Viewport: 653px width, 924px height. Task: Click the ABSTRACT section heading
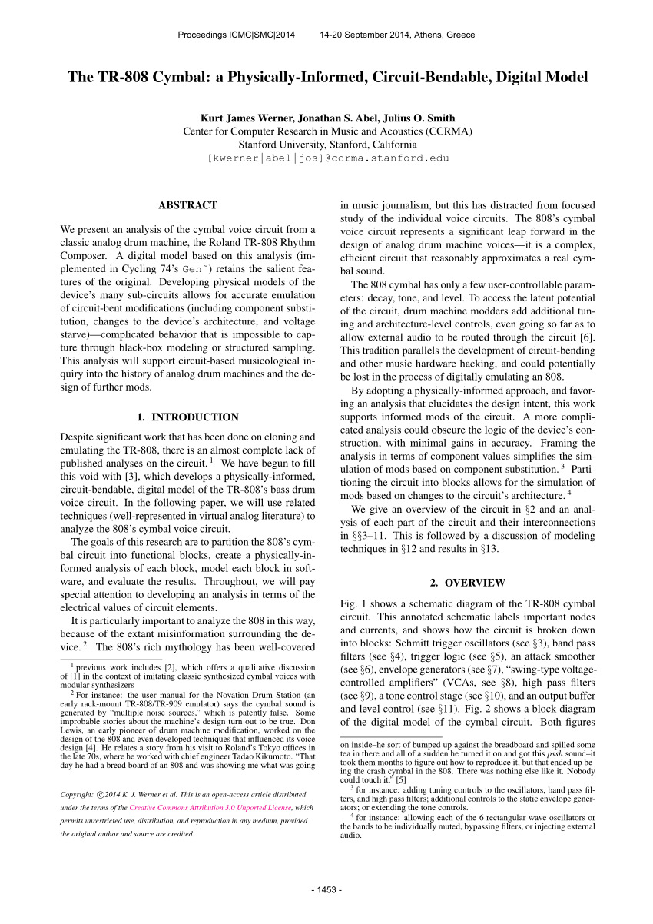pyautogui.click(x=187, y=205)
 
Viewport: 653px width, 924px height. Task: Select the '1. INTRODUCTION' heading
pyautogui.click(x=187, y=417)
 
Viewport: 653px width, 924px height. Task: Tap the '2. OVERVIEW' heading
pyautogui.click(x=467, y=582)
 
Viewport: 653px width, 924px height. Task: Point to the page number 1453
pyautogui.click(x=326, y=889)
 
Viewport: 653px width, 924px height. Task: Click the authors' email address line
pyautogui.click(x=327, y=158)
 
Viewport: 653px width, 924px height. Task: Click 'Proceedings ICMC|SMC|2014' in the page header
pyautogui.click(x=236, y=35)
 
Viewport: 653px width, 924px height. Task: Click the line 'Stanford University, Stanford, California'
pyautogui.click(x=327, y=144)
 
